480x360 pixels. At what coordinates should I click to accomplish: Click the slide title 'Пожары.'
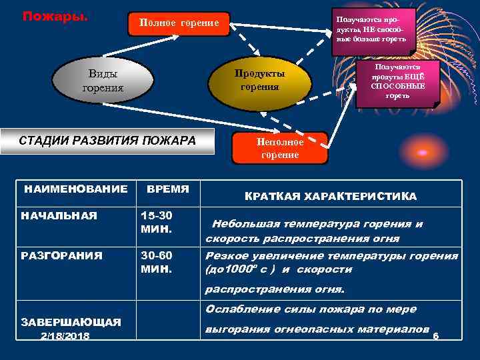[54, 15]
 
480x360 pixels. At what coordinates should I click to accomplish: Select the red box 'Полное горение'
[179, 23]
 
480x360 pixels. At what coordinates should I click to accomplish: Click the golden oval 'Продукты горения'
[260, 79]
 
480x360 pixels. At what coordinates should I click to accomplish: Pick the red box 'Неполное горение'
[279, 148]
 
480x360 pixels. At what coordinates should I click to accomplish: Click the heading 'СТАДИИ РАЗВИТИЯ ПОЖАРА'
[107, 141]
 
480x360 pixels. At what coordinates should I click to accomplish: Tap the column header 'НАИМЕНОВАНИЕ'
[75, 189]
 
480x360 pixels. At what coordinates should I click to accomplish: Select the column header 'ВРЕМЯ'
[167, 189]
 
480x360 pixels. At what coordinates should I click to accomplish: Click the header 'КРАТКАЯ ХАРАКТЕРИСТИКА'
[331, 196]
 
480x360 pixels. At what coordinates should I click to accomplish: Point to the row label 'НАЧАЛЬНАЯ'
[59, 215]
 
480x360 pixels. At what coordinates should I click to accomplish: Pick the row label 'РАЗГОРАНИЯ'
[62, 255]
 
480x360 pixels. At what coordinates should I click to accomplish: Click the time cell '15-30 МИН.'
[157, 222]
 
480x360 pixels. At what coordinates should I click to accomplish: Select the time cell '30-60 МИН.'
[157, 262]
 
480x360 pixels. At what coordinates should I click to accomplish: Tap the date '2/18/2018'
[65, 336]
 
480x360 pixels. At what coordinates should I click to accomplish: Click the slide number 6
[435, 336]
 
